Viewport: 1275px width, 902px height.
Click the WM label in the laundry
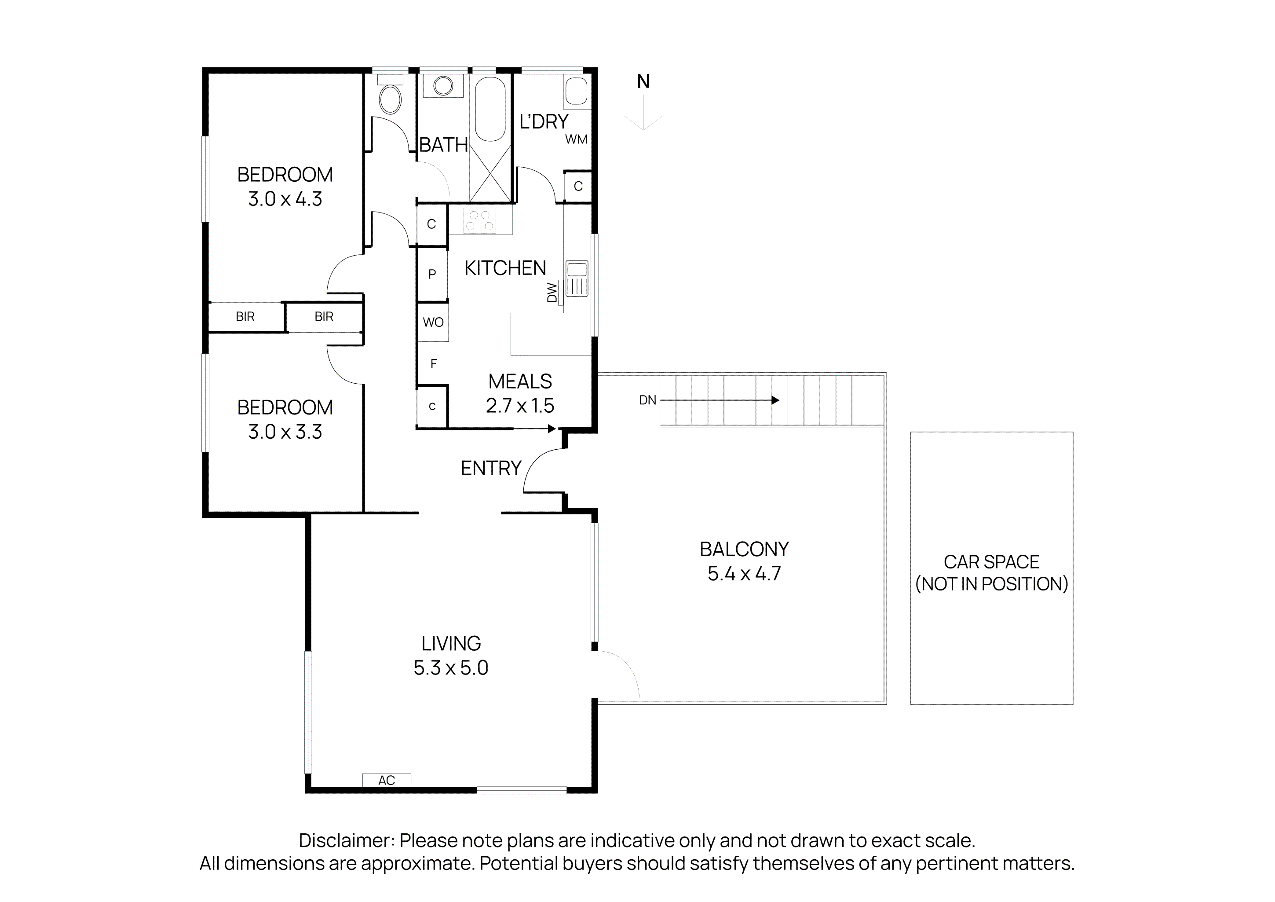576,139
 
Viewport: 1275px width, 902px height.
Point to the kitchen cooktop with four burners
479,220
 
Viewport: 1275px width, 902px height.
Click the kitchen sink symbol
577,278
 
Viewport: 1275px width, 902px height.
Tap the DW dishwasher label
552,293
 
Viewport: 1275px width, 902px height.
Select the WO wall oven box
433,322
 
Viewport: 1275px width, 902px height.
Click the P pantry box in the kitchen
432,273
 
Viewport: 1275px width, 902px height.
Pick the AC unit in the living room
387,781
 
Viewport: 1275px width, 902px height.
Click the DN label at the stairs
647,400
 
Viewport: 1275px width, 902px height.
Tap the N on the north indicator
643,82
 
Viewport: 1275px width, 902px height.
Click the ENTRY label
491,468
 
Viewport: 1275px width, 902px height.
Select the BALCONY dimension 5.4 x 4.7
744,573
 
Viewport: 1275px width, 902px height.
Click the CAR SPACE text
991,562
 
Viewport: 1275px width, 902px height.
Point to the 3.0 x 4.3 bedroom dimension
285,199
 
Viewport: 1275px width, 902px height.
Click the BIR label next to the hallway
324,317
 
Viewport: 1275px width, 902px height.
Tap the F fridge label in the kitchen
434,364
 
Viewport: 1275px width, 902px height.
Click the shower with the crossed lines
490,173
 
